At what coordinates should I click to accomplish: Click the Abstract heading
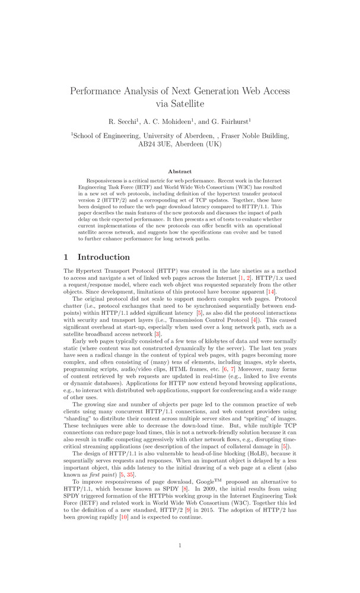180,171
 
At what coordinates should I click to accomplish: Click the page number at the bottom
180,545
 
